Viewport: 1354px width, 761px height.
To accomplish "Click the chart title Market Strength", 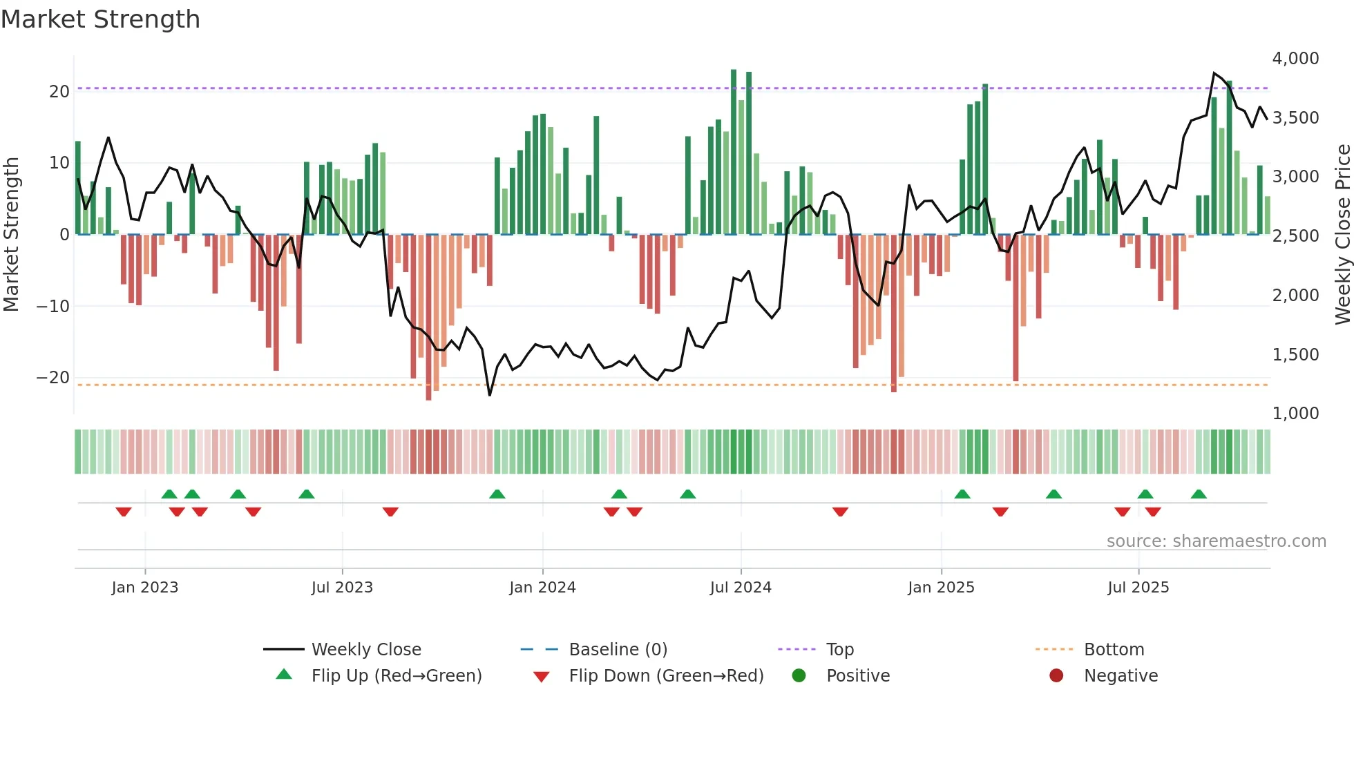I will [x=100, y=19].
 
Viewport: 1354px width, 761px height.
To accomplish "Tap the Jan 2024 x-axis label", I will [x=542, y=588].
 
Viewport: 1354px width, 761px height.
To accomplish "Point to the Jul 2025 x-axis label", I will [x=1138, y=588].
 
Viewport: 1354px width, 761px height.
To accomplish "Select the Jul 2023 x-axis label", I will [x=342, y=588].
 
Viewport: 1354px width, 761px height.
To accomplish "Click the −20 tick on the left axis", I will [x=53, y=378].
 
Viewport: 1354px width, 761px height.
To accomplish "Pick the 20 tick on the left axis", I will [x=59, y=92].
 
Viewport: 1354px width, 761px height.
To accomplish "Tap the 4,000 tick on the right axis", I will [x=1295, y=59].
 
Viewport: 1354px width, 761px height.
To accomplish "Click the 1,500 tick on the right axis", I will [x=1295, y=355].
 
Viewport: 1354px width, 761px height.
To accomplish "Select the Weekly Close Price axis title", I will [x=1342, y=235].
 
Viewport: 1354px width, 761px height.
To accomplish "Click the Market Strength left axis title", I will [x=12, y=235].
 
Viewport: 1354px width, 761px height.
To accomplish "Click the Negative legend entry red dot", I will [x=1056, y=676].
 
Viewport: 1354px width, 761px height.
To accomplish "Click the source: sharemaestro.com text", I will [x=1216, y=541].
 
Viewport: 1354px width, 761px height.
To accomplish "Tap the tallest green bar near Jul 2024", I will [x=734, y=152].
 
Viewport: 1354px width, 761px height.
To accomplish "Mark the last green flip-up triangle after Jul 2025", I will [x=1199, y=494].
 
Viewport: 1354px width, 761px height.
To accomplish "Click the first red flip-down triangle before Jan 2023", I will [x=124, y=512].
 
